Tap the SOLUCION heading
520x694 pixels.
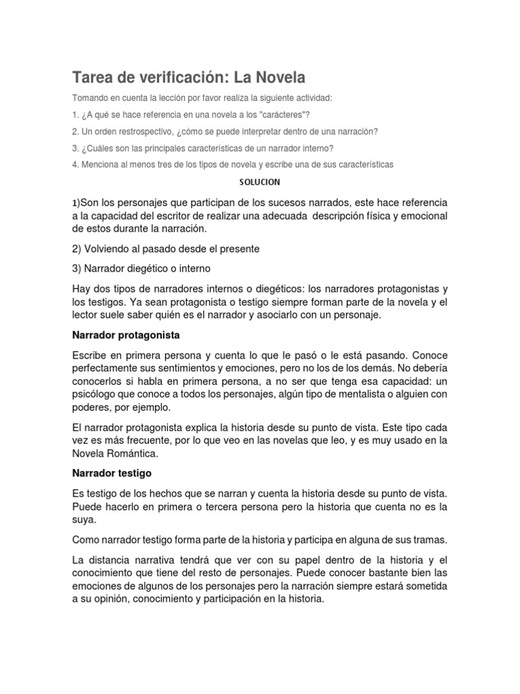pyautogui.click(x=260, y=182)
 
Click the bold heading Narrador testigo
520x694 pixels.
pyautogui.click(x=111, y=472)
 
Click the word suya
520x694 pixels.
pyautogui.click(x=83, y=520)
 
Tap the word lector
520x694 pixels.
pyautogui.click(x=86, y=315)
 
